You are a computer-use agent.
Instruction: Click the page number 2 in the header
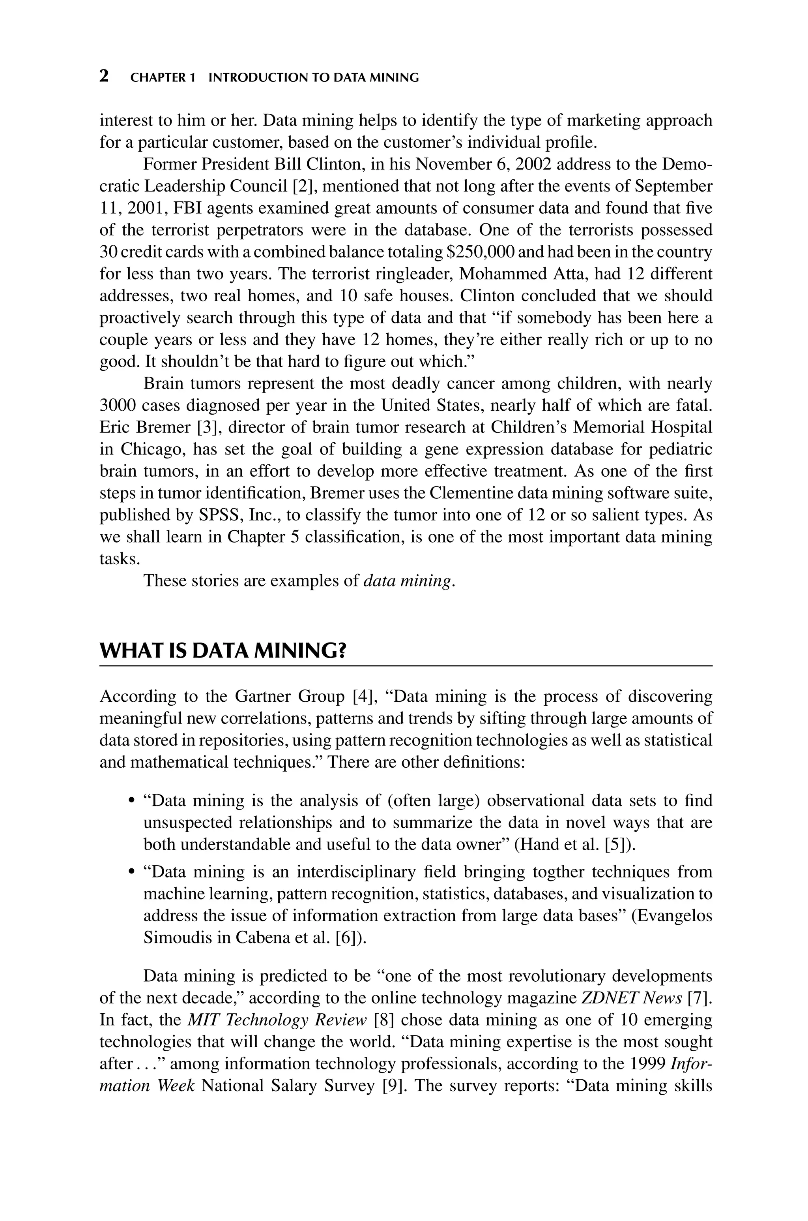click(104, 77)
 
